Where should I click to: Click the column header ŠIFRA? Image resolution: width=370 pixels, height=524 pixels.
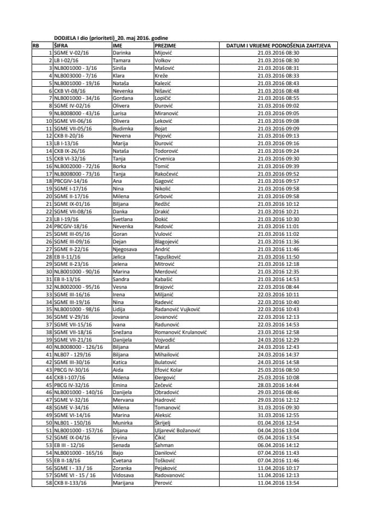[x=60, y=46]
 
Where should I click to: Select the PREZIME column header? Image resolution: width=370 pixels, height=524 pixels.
[x=163, y=46]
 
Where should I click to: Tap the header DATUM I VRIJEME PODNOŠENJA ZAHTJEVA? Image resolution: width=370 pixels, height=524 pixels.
[x=278, y=46]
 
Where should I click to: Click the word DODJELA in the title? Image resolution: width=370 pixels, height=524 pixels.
[x=65, y=39]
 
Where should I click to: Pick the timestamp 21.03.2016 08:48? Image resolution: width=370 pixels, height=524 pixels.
[x=278, y=91]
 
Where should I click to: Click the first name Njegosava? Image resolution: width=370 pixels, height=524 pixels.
[x=125, y=248]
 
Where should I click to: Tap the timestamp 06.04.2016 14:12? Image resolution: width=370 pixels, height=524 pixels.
[x=278, y=445]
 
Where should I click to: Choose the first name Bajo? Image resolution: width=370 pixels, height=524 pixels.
[x=118, y=452]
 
